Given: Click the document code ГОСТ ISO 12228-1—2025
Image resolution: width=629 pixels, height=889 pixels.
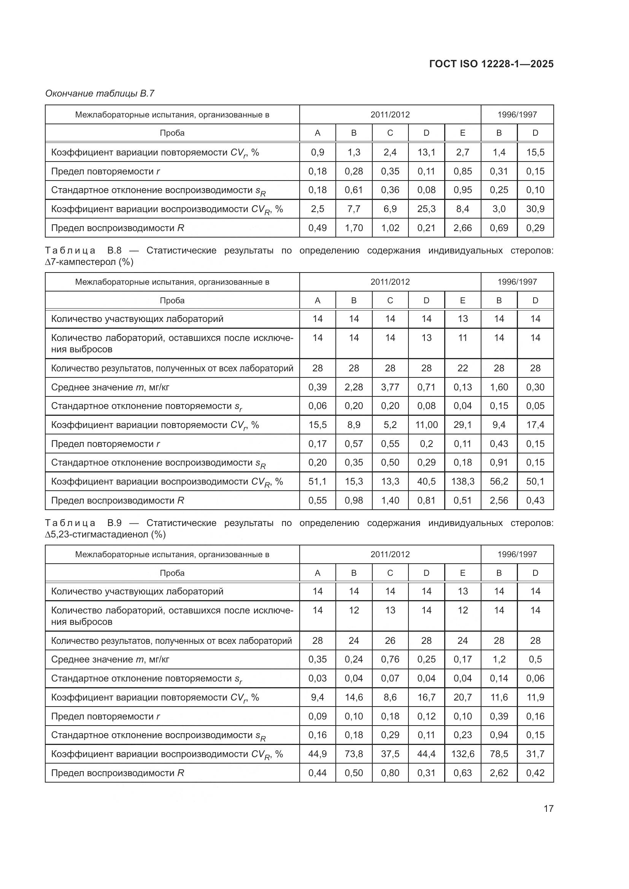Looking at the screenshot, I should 491,64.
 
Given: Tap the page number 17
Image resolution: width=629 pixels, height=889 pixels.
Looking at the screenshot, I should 548,808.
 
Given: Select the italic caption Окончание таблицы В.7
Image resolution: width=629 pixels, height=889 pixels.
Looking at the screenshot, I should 100,93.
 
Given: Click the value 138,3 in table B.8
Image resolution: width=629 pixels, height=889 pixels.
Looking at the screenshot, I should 462,481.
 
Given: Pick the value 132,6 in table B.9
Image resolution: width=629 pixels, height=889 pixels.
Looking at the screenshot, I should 462,754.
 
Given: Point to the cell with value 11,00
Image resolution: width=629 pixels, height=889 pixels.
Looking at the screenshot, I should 426,425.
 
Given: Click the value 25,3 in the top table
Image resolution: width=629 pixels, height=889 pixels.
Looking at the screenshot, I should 426,209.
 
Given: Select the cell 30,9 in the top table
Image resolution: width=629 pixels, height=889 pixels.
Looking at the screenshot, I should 535,209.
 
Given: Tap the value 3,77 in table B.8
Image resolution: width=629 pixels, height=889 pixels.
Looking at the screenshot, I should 390,387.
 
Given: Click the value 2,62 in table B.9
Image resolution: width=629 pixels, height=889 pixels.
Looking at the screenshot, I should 499,773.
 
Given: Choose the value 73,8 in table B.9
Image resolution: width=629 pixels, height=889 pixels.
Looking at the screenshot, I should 354,754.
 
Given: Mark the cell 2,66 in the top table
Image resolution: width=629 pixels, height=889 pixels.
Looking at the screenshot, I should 462,228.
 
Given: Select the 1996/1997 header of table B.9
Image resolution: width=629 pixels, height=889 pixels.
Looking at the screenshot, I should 517,554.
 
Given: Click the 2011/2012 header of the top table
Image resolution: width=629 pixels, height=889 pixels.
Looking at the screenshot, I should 390,115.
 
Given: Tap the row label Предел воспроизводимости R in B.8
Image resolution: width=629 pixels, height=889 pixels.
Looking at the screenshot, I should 118,500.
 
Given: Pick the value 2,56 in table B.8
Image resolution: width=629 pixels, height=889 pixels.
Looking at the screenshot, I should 499,500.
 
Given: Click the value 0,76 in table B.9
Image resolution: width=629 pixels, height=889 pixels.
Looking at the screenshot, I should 390,659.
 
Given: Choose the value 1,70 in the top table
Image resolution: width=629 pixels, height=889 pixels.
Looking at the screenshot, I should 354,228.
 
